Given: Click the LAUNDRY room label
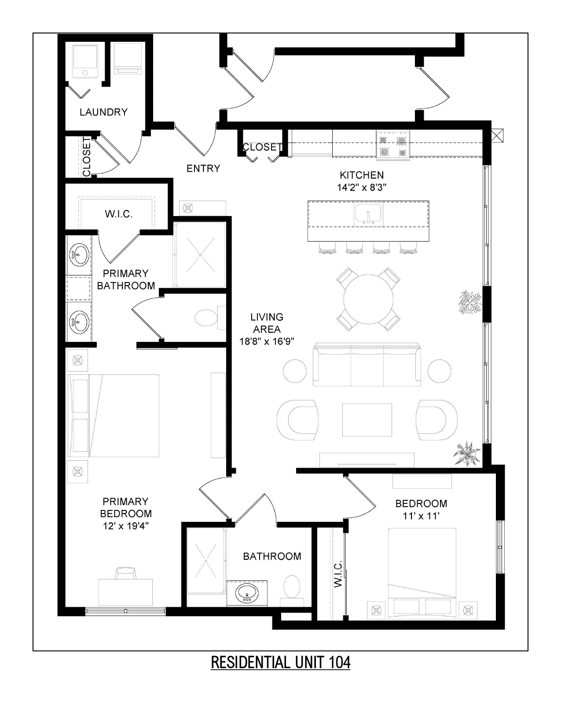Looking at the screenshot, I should tap(103, 112).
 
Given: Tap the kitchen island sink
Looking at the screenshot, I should tap(369, 214).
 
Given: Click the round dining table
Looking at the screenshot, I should tap(368, 300).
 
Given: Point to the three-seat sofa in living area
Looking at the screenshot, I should tap(367, 366).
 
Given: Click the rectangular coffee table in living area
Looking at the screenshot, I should tap(367, 420).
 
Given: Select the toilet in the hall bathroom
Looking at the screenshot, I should tap(292, 586).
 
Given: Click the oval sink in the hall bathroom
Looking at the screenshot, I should tap(247, 593).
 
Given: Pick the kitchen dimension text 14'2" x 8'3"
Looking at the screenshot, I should tap(362, 187).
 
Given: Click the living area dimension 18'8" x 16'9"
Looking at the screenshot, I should tap(267, 341).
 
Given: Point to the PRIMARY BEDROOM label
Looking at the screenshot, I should tap(126, 507).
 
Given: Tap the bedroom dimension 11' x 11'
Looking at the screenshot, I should tap(421, 516).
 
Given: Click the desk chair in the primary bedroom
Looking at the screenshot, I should tap(125, 573).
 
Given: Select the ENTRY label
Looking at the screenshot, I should tap(203, 168).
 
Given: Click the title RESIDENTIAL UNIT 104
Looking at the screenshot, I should tap(280, 662).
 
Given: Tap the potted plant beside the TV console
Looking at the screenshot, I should tap(467, 453).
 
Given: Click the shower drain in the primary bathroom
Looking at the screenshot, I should tap(201, 255).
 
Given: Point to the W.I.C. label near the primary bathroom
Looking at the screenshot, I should tap(119, 214).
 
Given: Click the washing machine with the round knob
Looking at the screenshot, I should tap(85, 62).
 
